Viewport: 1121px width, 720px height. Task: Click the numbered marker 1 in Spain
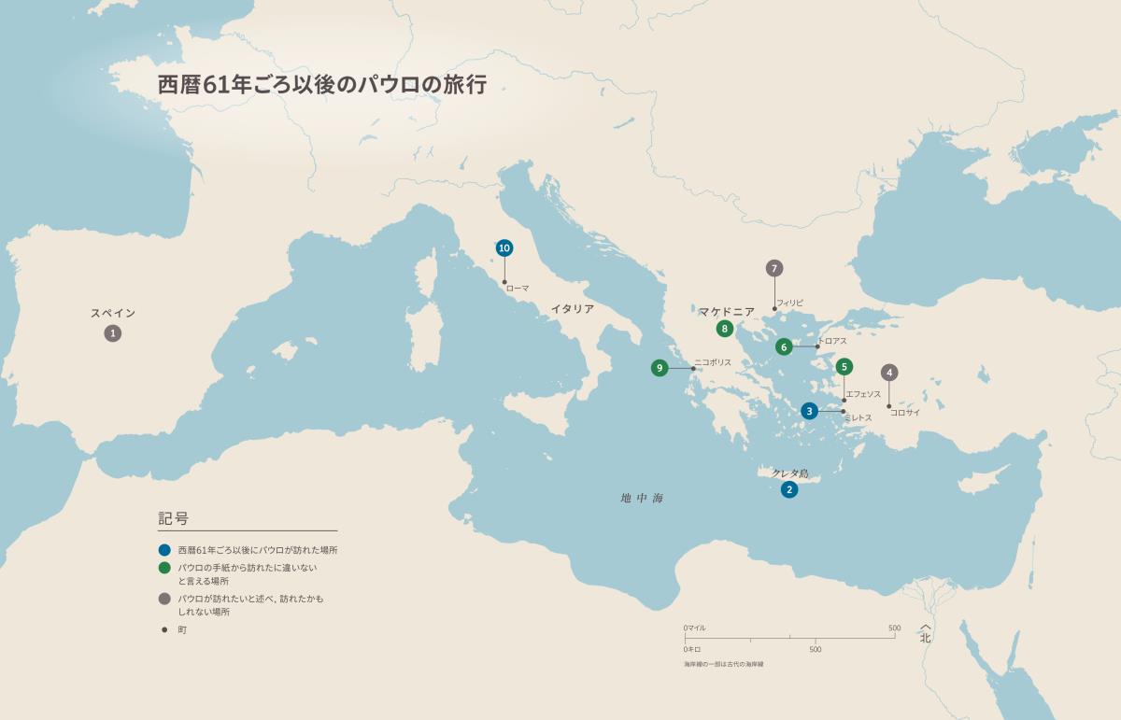[112, 333]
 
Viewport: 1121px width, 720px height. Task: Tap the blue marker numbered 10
[504, 247]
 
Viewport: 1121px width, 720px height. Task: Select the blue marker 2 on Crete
[789, 489]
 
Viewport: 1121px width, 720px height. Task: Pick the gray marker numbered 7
[773, 269]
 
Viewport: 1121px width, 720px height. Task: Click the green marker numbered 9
[660, 368]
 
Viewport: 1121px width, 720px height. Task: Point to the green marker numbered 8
[724, 329]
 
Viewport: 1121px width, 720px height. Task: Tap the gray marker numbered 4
[889, 373]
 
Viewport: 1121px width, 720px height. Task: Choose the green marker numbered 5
[844, 367]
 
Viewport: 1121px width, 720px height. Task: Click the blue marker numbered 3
[810, 411]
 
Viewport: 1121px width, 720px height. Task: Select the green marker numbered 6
[784, 346]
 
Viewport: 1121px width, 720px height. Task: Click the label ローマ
[518, 289]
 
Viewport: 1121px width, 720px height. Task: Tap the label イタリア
[572, 309]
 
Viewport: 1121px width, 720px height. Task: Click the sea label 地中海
[642, 499]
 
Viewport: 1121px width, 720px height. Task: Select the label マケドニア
[726, 311]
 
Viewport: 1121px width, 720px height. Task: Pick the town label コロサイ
[905, 412]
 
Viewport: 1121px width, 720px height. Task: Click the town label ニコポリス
[713, 362]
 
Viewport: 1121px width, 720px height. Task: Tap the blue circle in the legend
[164, 550]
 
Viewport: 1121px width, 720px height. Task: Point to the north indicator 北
[925, 639]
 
